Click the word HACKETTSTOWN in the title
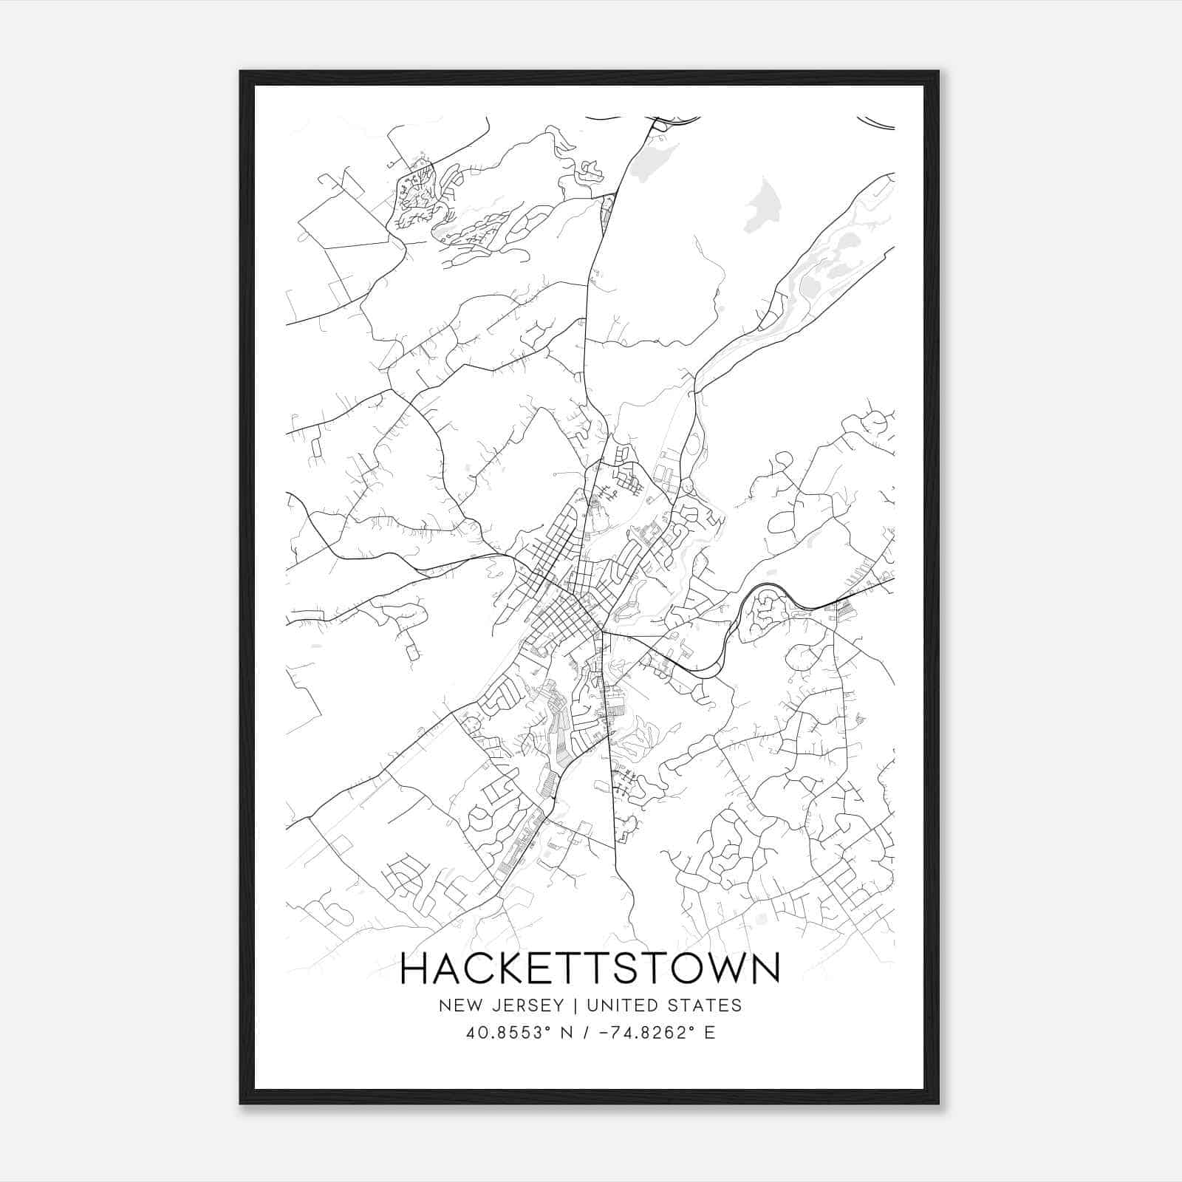point(590,969)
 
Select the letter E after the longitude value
point(710,1033)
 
